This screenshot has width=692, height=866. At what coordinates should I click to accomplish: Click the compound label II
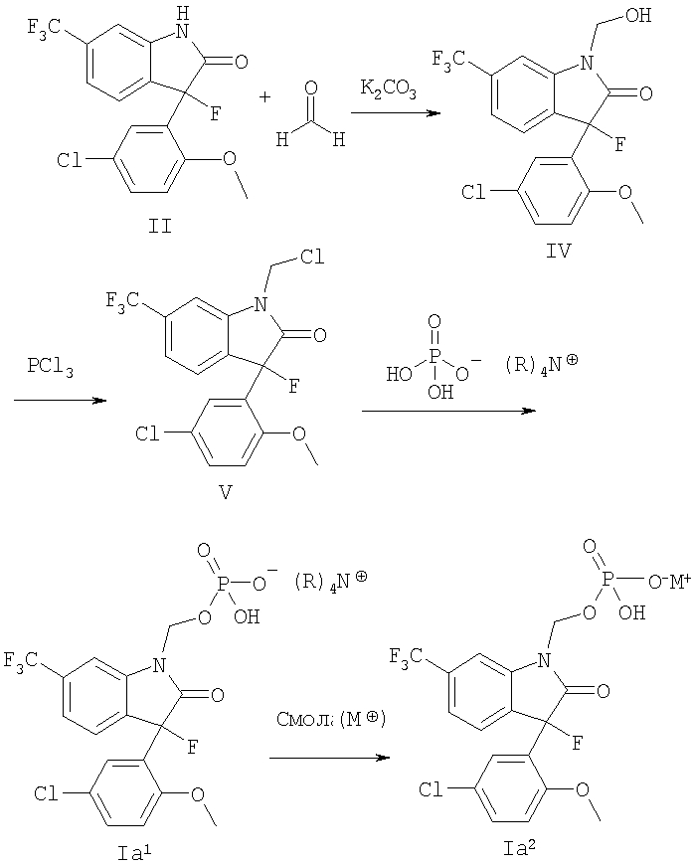[x=160, y=226]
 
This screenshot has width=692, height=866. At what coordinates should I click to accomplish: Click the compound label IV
[x=559, y=251]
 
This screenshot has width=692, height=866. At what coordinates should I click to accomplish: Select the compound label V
[x=225, y=491]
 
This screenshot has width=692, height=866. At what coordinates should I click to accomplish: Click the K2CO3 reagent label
[x=388, y=88]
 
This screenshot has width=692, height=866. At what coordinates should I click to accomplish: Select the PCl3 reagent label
[x=51, y=367]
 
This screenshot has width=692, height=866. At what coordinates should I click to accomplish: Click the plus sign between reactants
[x=265, y=97]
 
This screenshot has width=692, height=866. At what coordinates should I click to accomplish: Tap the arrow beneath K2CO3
[x=396, y=113]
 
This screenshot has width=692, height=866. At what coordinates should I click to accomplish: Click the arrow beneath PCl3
[x=60, y=400]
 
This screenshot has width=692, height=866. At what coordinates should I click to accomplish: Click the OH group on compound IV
[x=638, y=15]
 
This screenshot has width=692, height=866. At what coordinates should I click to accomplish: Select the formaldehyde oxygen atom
[x=311, y=88]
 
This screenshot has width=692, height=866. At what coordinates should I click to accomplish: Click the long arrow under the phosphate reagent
[x=449, y=411]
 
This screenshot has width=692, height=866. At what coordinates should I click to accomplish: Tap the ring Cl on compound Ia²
[x=431, y=789]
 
